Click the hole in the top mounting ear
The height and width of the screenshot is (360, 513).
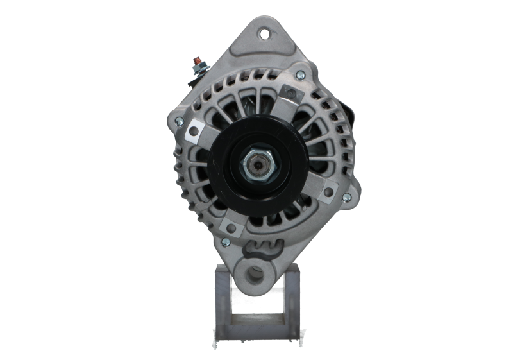click(264, 30)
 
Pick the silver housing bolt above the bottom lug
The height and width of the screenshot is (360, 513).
click(225, 242)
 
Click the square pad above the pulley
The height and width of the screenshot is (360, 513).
click(292, 96)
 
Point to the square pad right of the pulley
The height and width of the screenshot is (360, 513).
click(328, 189)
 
